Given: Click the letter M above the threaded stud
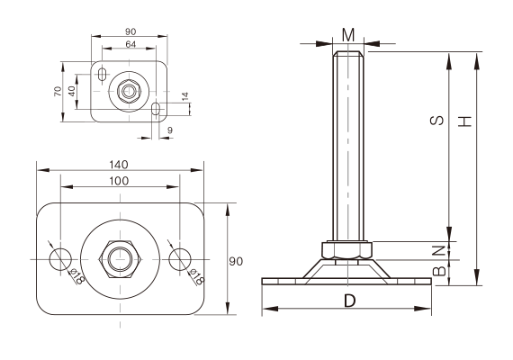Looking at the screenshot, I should pos(348,35).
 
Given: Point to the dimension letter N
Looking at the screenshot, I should pos(438,249).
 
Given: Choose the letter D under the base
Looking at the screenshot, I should pos(348,301).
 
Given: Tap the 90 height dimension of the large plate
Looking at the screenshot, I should pos(236,262).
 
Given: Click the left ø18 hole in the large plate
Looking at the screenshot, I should pos(60,258).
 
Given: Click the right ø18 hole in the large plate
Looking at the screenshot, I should pos(179,258).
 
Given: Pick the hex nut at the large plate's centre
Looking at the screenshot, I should pos(119,258).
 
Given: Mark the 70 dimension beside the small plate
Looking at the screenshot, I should pos(58,92).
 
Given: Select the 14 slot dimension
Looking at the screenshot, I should pos(185,95).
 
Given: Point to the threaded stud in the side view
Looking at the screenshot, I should pos(348,144).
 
